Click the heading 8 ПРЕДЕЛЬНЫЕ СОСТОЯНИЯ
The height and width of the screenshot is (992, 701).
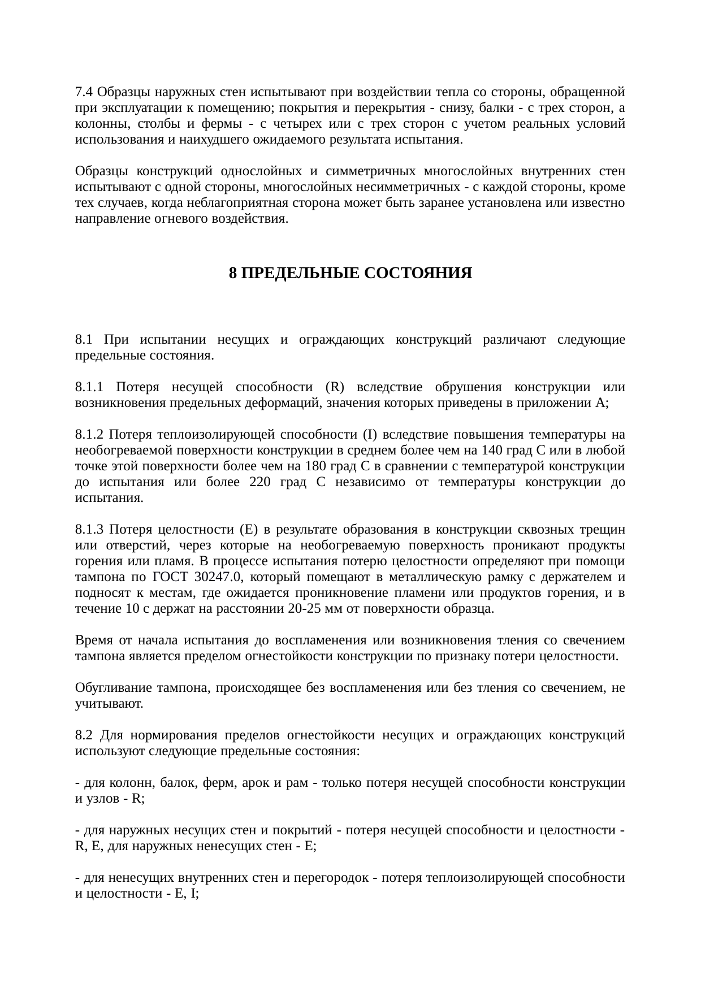click(350, 274)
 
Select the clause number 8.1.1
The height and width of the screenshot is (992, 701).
click(89, 387)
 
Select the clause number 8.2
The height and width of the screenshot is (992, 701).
click(83, 735)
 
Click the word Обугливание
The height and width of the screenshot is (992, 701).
click(112, 688)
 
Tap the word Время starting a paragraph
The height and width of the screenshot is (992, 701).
click(93, 640)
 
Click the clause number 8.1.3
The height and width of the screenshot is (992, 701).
click(89, 530)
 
